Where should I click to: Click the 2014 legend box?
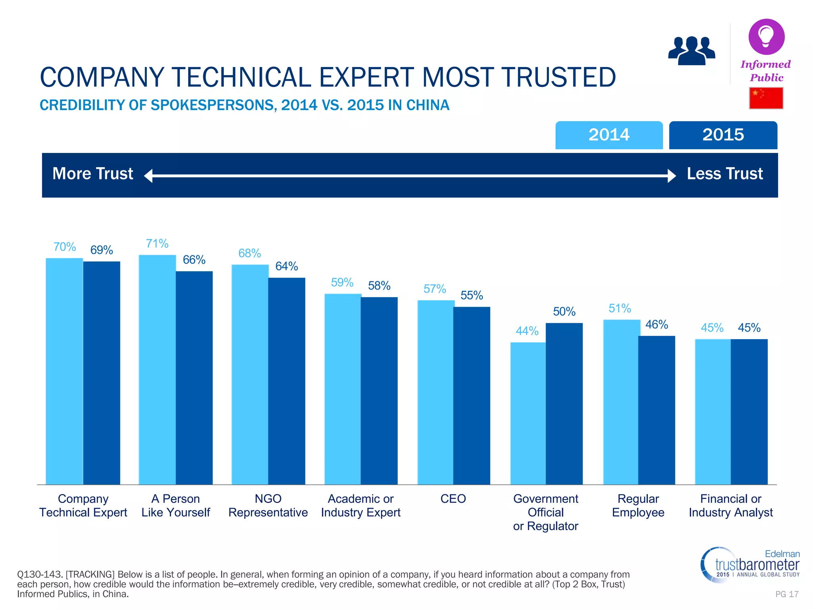[x=609, y=135]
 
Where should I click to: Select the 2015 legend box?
[x=723, y=135]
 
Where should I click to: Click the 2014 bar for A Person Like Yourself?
[x=157, y=369]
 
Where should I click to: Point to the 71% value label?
[x=157, y=243]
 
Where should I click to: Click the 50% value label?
[x=564, y=311]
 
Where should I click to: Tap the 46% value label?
[x=657, y=324]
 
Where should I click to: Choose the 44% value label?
[x=527, y=331]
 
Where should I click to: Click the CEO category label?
[x=453, y=499]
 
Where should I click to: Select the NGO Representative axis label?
[x=268, y=506]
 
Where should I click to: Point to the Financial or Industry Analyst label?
[x=731, y=506]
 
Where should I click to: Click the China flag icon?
[x=766, y=98]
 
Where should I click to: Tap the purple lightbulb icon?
[x=766, y=37]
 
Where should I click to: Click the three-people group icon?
[x=692, y=50]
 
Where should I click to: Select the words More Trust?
[x=93, y=174]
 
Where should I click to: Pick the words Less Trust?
[x=725, y=174]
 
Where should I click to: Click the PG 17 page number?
[x=787, y=594]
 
